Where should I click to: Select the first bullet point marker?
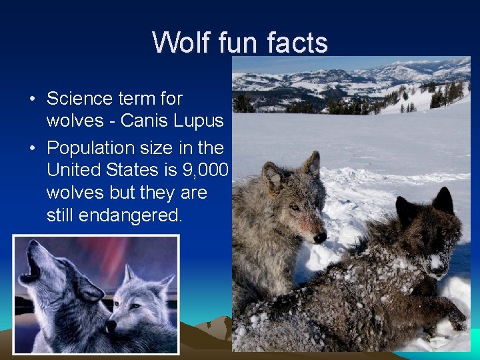[33, 99]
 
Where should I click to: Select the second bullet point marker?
[33, 148]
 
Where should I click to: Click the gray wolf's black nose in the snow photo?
[320, 237]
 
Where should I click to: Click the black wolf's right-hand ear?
[443, 201]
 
